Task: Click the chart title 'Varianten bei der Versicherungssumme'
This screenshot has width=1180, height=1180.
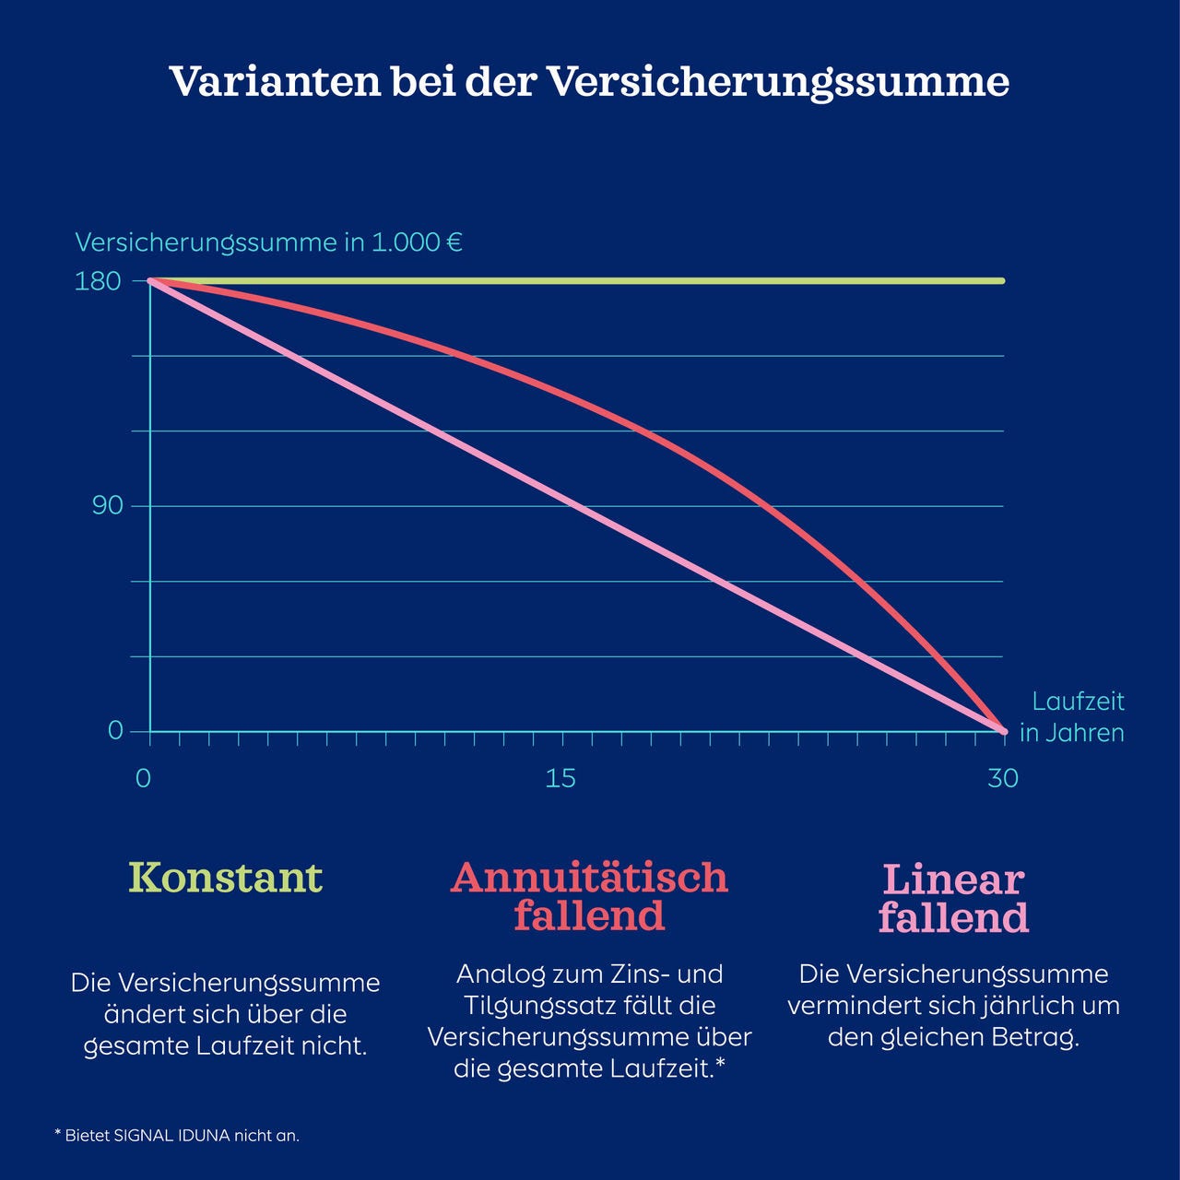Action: (589, 81)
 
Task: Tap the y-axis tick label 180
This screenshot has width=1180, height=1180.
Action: (98, 280)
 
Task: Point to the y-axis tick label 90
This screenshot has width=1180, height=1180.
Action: (107, 505)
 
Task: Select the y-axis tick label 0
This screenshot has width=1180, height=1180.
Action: (115, 730)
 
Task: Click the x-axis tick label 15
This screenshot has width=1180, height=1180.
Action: (560, 779)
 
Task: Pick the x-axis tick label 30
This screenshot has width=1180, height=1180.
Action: (1002, 779)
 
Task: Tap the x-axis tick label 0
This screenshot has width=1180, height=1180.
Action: (143, 779)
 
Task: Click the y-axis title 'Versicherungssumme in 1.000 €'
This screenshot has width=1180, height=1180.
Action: (268, 242)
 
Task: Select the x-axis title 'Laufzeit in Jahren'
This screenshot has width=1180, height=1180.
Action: (1074, 717)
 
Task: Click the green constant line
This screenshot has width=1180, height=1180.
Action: (645, 280)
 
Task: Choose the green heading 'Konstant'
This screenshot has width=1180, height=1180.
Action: (225, 878)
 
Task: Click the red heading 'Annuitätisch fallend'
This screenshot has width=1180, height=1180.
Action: (589, 896)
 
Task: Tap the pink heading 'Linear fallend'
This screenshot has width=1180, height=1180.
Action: (953, 898)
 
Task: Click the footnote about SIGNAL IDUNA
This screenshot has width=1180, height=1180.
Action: (177, 1135)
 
